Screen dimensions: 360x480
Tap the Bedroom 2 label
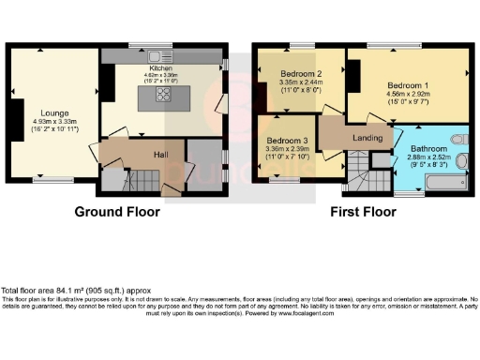point(300,73)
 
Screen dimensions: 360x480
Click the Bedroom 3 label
point(286,141)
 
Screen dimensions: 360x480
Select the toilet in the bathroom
point(458,140)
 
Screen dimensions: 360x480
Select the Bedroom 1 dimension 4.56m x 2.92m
point(408,94)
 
